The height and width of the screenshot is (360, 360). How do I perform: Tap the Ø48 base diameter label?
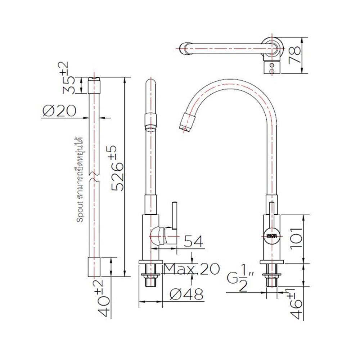pos(186,294)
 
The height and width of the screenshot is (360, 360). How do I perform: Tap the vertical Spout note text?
pos(80,180)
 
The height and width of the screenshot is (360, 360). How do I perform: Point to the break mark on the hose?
pos(94,176)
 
